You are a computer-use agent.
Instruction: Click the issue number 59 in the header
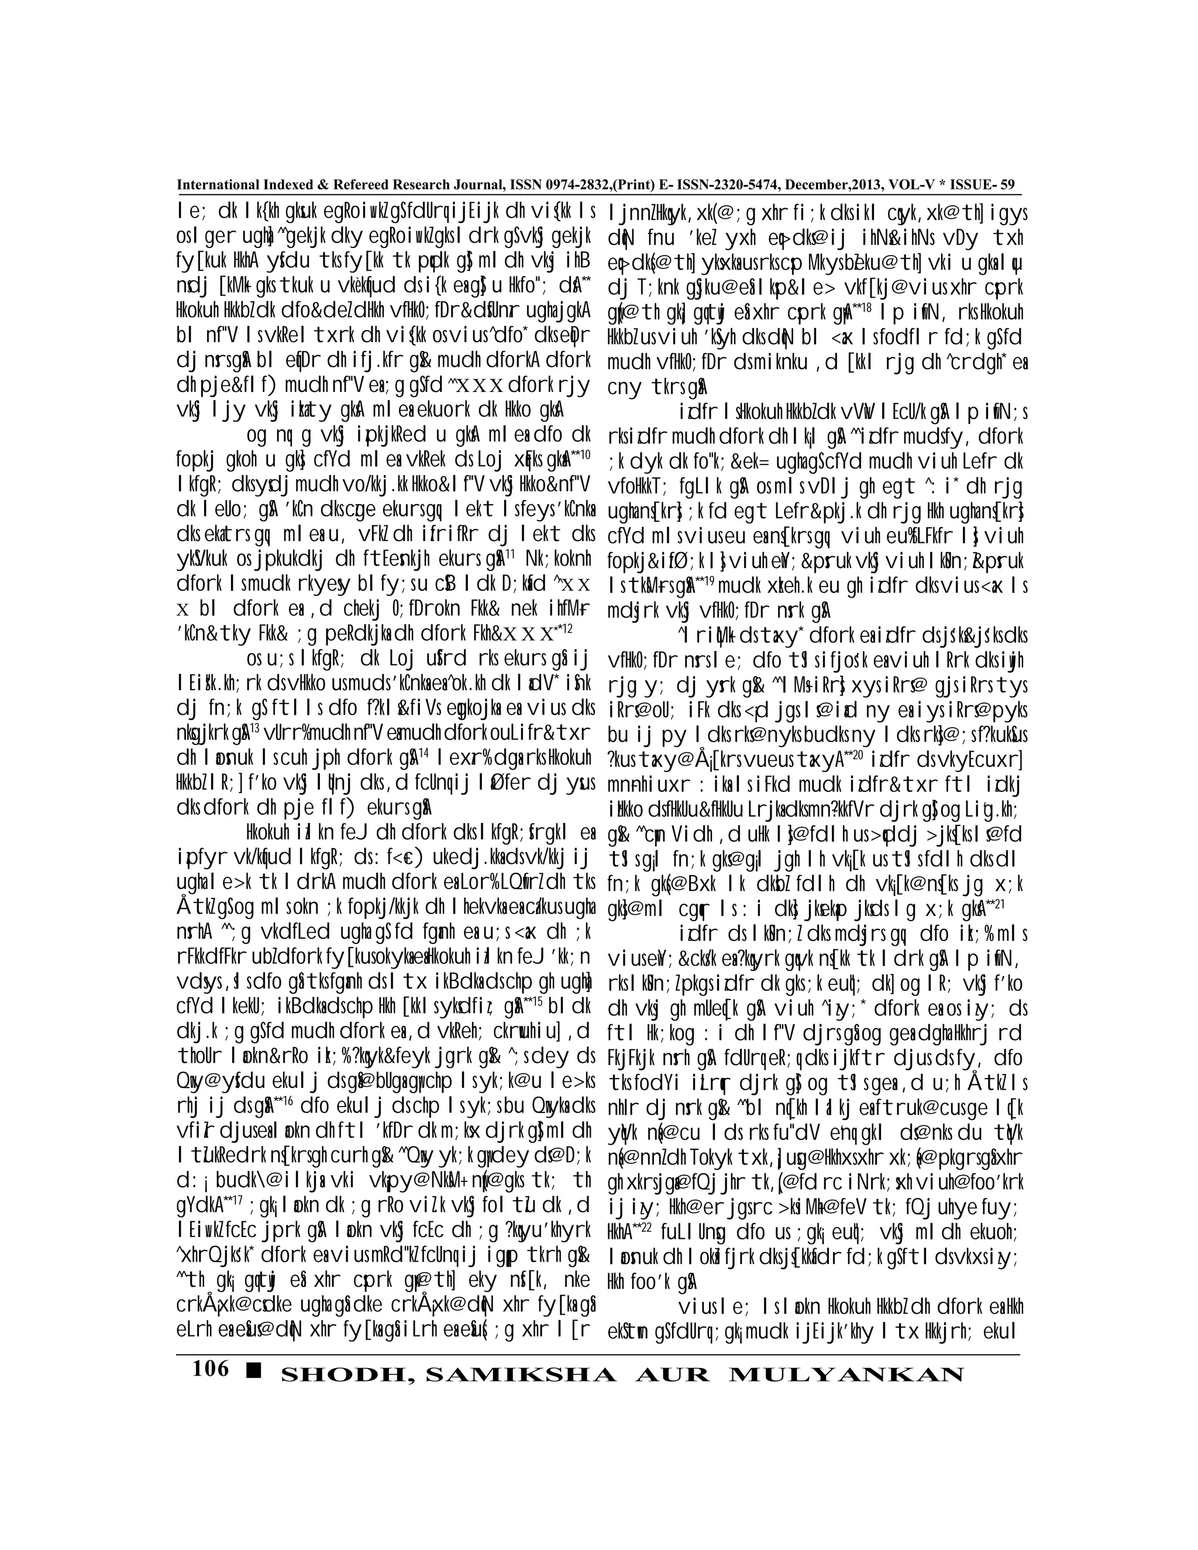[x=1007, y=185]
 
